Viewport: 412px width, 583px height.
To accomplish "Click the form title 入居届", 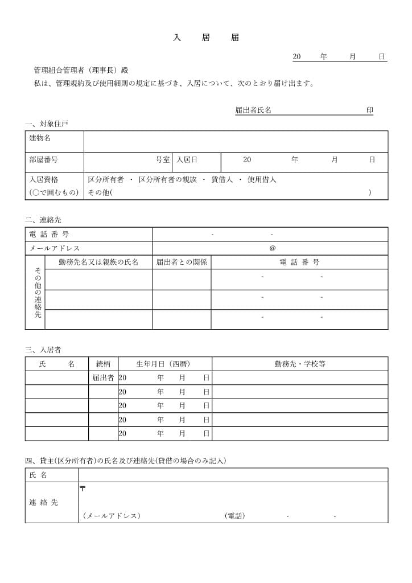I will [206, 38].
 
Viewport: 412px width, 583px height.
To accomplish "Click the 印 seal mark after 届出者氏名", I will [369, 110].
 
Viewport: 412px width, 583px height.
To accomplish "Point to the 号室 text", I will [163, 160].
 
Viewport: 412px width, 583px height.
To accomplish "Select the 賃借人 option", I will [222, 180].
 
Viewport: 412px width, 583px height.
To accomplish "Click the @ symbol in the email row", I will [272, 248].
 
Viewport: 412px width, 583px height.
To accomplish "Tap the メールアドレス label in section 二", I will [55, 248].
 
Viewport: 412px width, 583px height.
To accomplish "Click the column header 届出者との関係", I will [182, 262].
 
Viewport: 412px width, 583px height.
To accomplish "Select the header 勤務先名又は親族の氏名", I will [98, 262].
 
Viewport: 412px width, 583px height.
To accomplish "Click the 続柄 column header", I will [103, 364].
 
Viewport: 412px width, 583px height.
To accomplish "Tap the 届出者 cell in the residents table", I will [103, 377].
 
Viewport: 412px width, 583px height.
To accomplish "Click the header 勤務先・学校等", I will [300, 364].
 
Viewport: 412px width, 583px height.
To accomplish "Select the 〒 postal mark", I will [83, 488].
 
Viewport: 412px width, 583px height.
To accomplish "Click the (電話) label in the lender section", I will [235, 516].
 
